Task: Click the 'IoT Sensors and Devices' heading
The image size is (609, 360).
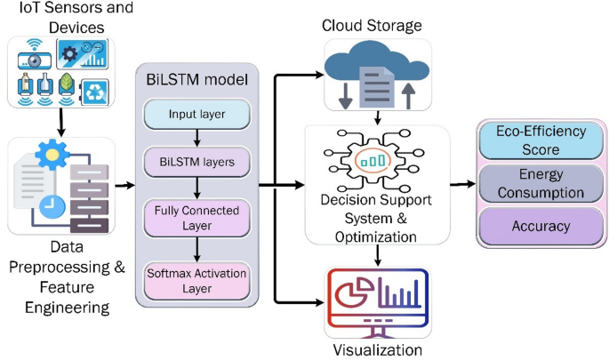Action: click(x=60, y=19)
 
